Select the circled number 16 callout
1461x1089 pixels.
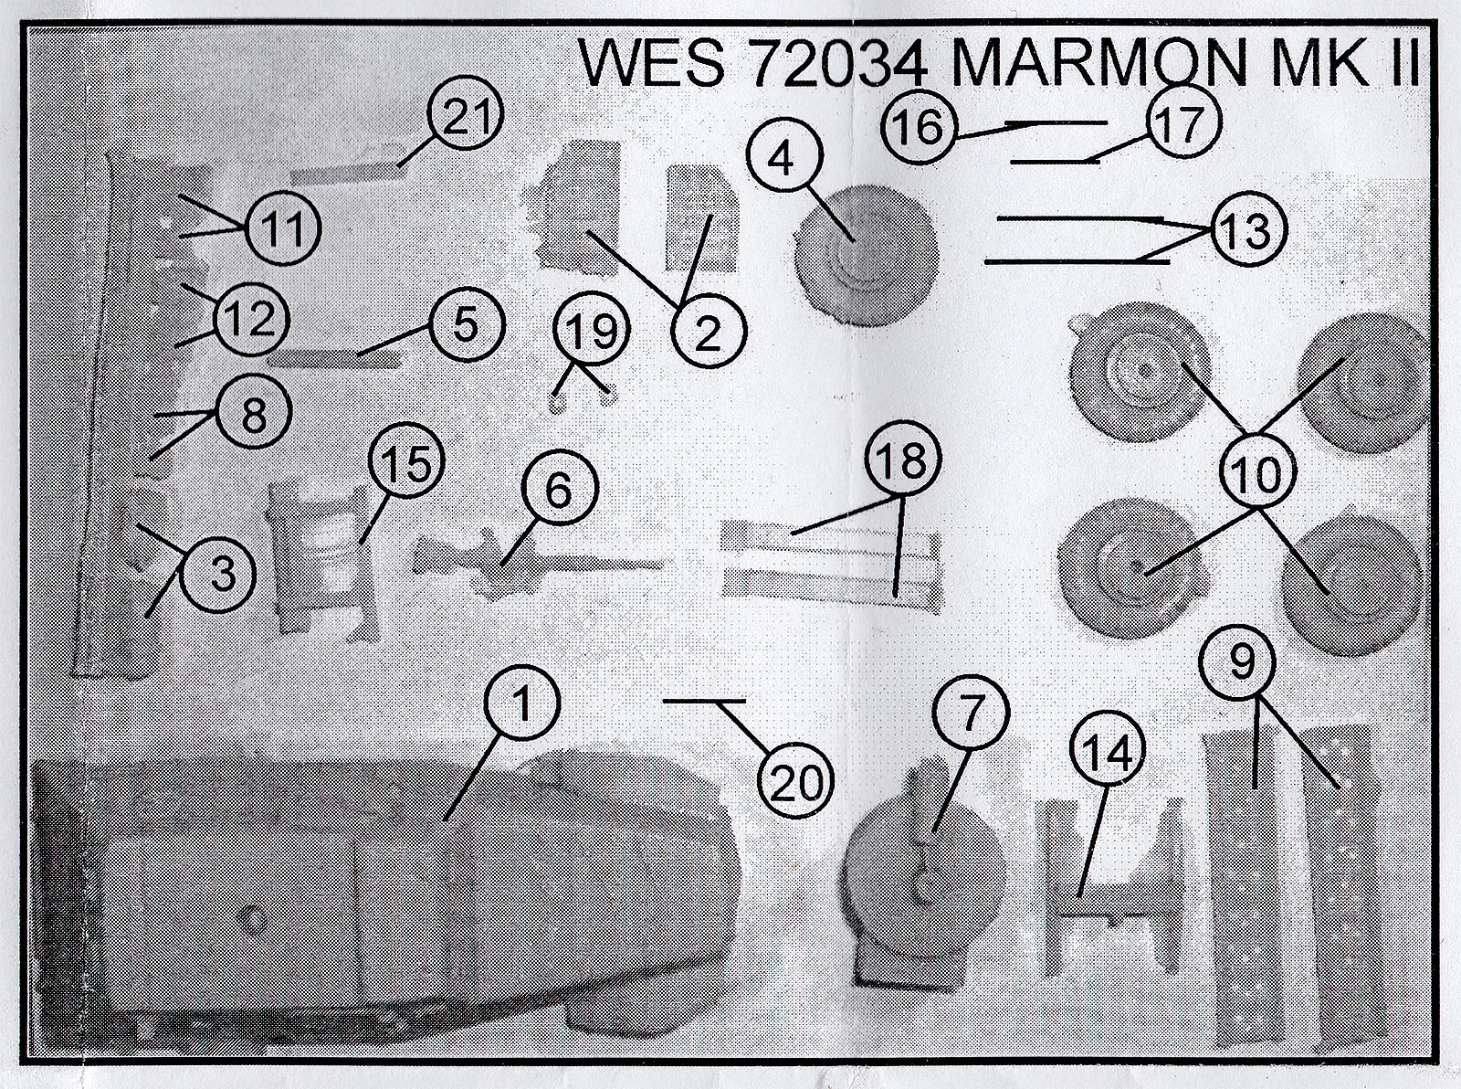pos(919,127)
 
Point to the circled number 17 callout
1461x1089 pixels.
pos(1180,124)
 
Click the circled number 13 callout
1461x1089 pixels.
pos(1247,230)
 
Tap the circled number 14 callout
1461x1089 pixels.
pos(1107,754)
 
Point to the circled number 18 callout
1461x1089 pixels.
pos(902,463)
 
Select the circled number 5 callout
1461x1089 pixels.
pos(466,324)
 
